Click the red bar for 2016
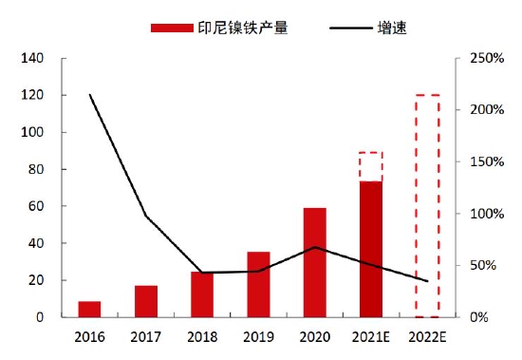click(x=90, y=309)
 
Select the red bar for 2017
click(x=146, y=301)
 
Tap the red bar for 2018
click(x=202, y=294)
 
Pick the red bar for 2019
click(x=258, y=284)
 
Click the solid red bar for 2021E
click(x=370, y=249)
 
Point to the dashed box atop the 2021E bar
click(x=370, y=166)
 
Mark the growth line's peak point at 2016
click(x=90, y=95)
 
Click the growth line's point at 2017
click(x=146, y=216)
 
